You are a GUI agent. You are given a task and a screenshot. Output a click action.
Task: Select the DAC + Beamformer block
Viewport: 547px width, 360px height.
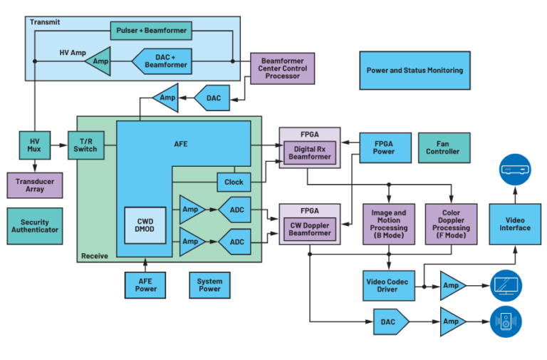[165, 61]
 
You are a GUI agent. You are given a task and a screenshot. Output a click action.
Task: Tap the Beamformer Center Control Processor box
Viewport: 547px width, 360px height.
[281, 68]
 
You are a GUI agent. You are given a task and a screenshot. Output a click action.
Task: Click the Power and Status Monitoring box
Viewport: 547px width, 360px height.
[414, 71]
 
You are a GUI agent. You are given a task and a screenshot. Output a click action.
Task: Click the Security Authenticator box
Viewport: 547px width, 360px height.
[35, 226]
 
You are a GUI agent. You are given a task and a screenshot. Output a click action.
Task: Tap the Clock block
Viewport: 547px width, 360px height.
[234, 182]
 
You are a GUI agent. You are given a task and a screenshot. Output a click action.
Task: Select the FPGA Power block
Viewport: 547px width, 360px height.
[384, 147]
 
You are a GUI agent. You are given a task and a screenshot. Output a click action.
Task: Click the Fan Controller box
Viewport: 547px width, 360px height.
[443, 147]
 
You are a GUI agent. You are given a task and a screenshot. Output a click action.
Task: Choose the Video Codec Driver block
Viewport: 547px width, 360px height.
[389, 285]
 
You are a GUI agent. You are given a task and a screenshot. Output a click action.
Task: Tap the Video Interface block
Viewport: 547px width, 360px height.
[514, 224]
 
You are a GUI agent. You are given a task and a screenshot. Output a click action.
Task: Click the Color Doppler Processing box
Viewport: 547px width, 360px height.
[451, 224]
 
